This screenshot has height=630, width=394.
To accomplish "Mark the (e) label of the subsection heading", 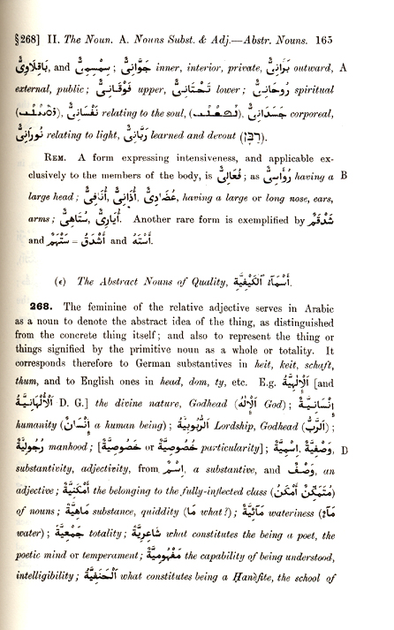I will click(x=57, y=283).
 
